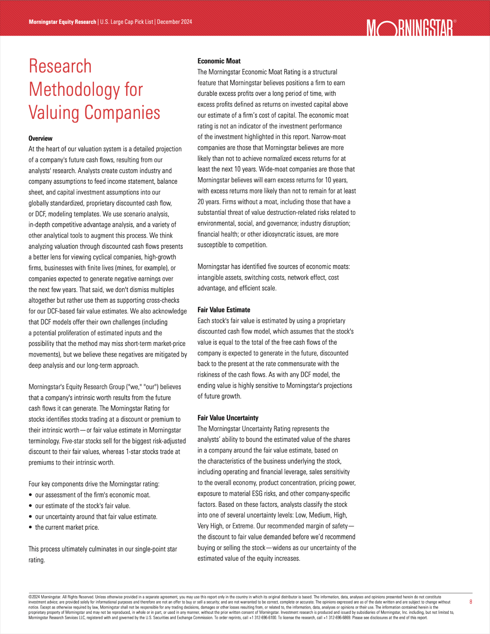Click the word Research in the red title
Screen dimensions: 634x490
(60, 66)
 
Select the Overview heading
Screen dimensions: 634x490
(40, 138)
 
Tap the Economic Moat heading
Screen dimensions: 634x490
(219, 61)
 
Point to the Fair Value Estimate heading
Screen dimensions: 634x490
(224, 310)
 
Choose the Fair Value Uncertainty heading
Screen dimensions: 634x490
(228, 418)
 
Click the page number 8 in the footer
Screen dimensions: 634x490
(471, 602)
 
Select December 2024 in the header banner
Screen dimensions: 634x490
(174, 22)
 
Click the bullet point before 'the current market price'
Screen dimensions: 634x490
(31, 527)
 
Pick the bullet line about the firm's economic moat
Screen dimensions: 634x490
(93, 495)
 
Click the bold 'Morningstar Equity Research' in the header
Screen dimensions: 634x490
(62, 22)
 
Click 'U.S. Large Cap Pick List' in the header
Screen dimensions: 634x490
(126, 22)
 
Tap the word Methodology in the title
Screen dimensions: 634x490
(74, 90)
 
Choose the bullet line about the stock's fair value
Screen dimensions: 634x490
(82, 506)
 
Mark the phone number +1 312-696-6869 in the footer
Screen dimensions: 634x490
(337, 618)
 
